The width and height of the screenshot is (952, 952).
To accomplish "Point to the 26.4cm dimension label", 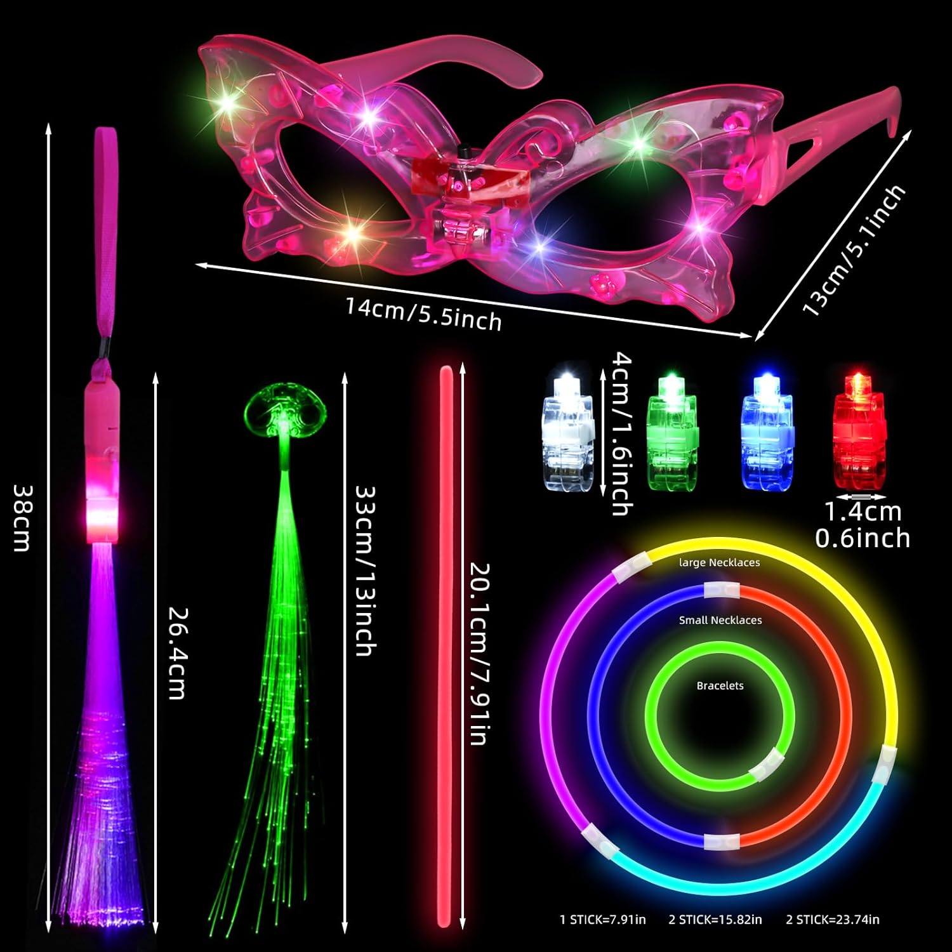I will (x=177, y=654).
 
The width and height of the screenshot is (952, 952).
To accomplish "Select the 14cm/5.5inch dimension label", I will (x=423, y=314).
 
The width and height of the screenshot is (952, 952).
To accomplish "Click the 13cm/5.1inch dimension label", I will (x=854, y=250).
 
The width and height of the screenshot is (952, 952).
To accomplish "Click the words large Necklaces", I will (x=719, y=562).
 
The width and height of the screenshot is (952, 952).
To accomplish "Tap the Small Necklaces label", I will (x=720, y=620).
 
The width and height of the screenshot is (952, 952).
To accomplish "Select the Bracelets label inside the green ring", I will (x=720, y=685).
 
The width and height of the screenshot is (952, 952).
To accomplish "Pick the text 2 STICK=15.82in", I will (x=715, y=919).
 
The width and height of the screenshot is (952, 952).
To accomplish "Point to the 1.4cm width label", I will (x=863, y=511).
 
